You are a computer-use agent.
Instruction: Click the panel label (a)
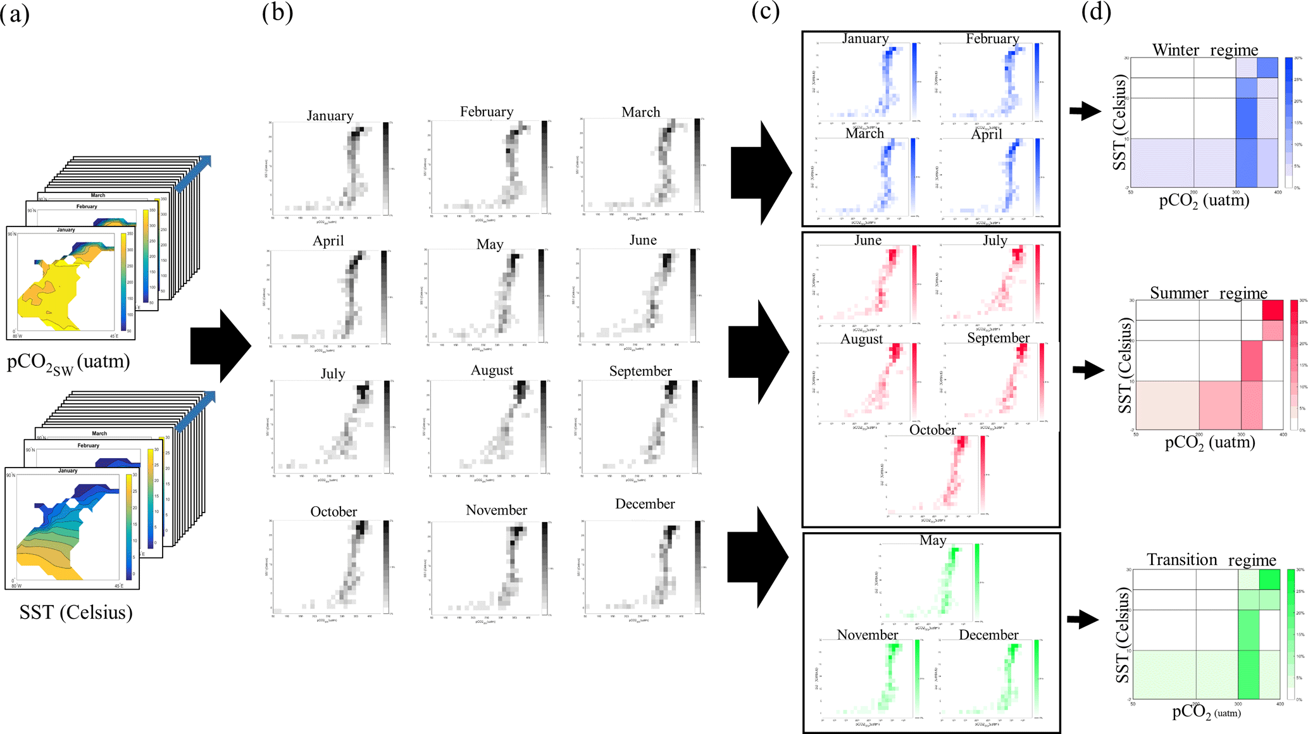[15, 13]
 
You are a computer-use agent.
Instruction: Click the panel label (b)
[277, 13]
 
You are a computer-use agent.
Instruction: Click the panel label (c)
[765, 11]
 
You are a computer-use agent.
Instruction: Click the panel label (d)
[1096, 11]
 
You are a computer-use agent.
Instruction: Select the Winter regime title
[1205, 50]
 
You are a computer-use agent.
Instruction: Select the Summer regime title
[1208, 293]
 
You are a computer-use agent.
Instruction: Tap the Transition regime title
[1211, 560]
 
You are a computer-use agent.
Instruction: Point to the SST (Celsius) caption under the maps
[76, 612]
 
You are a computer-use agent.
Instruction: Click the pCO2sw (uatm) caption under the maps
[68, 363]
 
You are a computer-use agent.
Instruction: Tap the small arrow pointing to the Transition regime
[1083, 619]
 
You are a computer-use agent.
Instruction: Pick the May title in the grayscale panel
[489, 244]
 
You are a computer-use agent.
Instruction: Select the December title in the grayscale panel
[645, 504]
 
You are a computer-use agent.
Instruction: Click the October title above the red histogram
[932, 430]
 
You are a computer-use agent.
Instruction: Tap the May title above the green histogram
[933, 540]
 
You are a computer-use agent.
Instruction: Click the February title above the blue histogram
[992, 39]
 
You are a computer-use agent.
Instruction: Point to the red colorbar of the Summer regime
[1294, 365]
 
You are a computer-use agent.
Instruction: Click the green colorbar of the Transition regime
[1291, 634]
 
